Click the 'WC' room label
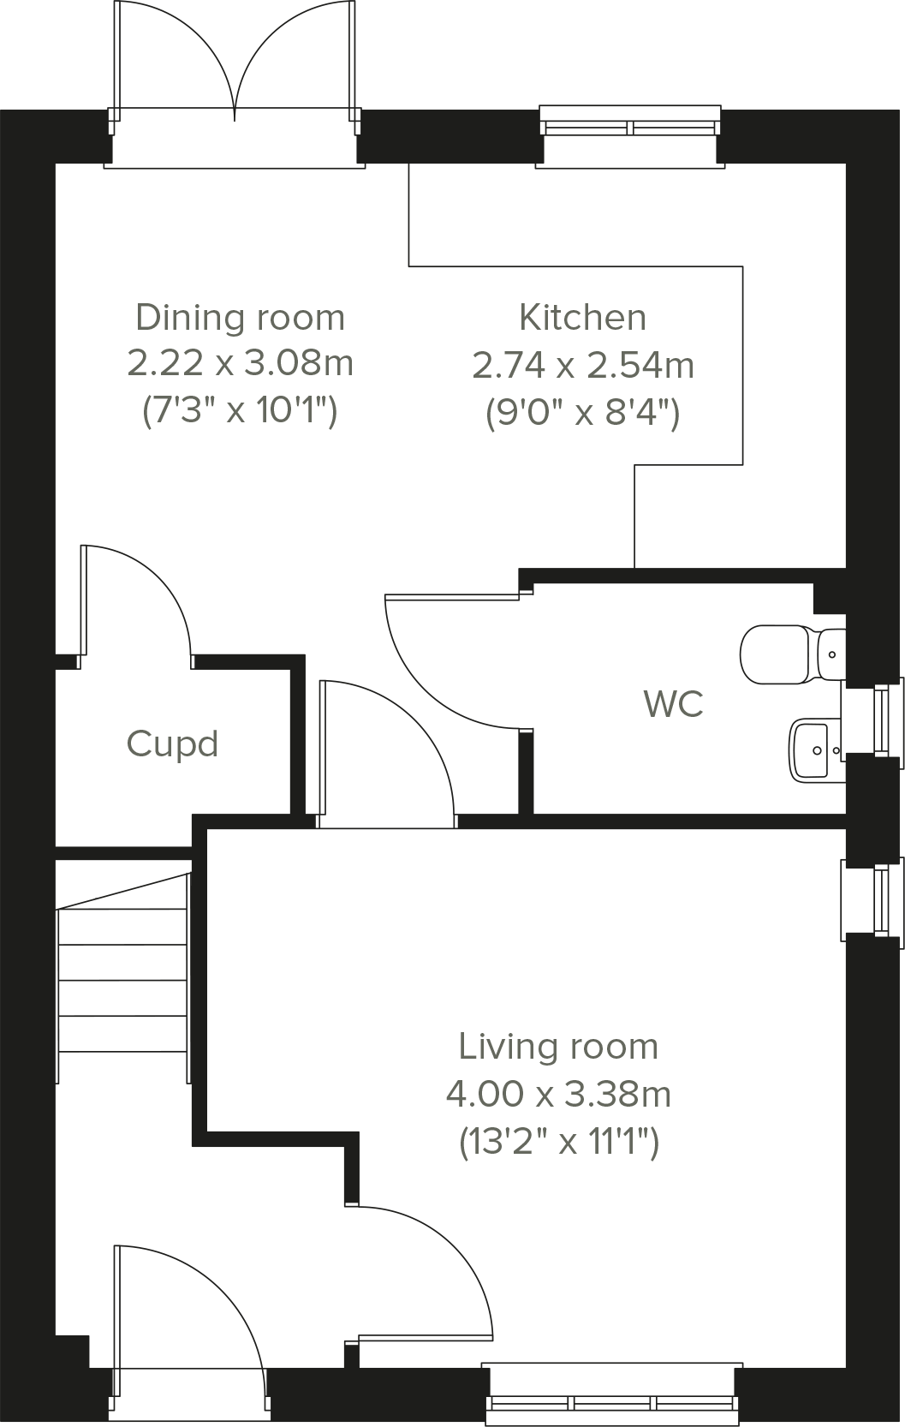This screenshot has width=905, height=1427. tap(673, 704)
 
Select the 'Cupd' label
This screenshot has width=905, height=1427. tap(172, 743)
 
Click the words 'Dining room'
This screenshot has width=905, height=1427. tap(240, 318)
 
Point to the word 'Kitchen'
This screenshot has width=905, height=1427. tap(582, 318)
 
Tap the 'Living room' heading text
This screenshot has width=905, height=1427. tap(558, 1047)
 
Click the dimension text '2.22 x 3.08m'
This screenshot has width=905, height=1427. tap(240, 363)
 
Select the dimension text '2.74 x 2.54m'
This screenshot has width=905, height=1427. tap(582, 366)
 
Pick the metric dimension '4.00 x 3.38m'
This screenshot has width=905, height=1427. tap(558, 1094)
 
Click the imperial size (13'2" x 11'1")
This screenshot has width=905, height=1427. tap(558, 1141)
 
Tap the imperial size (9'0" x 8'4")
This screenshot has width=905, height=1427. tap(582, 413)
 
